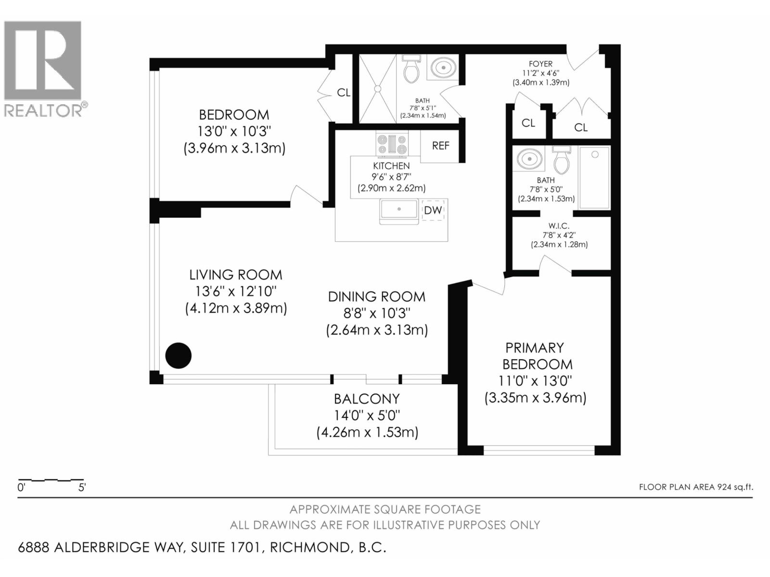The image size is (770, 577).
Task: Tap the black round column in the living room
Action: pos(179,355)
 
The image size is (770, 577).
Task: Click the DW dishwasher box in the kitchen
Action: pos(433,210)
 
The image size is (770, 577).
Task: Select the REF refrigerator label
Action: pos(440,146)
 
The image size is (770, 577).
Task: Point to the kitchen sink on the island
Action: pos(398,210)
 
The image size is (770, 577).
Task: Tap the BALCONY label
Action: pos(367,399)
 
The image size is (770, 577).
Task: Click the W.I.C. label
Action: pos(559,226)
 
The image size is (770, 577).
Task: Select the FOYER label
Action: pos(540,63)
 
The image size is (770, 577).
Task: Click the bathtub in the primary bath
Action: pos(594,177)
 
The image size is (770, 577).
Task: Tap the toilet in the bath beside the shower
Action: pos(411,69)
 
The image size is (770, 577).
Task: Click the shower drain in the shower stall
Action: pos(378,88)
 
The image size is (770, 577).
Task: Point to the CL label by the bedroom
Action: pos(344,92)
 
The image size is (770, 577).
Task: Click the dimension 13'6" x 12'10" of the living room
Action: pos(236,291)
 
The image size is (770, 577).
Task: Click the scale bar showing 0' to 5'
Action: pos(51,480)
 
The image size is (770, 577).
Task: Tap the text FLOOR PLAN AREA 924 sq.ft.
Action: pos(695,487)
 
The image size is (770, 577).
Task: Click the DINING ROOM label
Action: pos(376,297)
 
